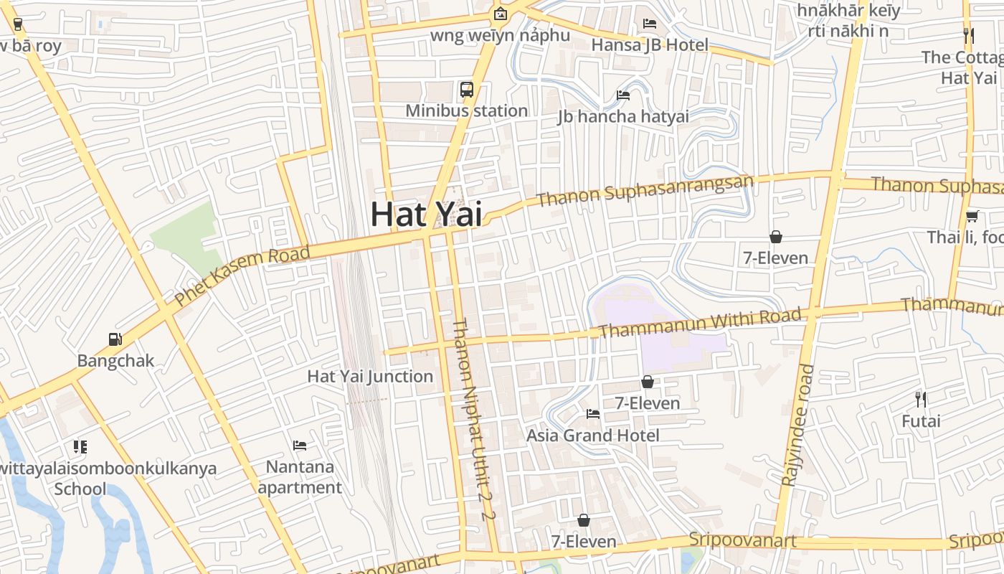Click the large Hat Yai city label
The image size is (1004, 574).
(x=426, y=214)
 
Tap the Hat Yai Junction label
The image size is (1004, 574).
(x=370, y=376)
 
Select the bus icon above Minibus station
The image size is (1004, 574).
(x=467, y=90)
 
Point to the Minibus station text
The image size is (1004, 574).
(x=467, y=110)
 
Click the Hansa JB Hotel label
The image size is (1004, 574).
(x=650, y=44)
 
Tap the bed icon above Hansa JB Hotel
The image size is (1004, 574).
(x=650, y=24)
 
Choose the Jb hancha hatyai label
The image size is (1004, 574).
(x=623, y=116)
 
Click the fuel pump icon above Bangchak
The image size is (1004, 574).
(x=115, y=339)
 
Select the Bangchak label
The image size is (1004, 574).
(x=115, y=360)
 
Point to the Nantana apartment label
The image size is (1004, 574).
(x=300, y=477)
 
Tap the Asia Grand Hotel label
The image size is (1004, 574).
(x=593, y=435)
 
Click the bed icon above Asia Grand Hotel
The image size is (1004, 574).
(x=593, y=413)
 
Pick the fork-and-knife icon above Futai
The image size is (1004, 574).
(x=921, y=399)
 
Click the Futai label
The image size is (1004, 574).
(x=921, y=420)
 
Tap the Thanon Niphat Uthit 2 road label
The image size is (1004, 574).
(x=473, y=419)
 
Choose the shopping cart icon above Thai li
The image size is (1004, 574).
(x=972, y=215)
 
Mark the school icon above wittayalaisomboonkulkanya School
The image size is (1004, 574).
(x=80, y=447)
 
